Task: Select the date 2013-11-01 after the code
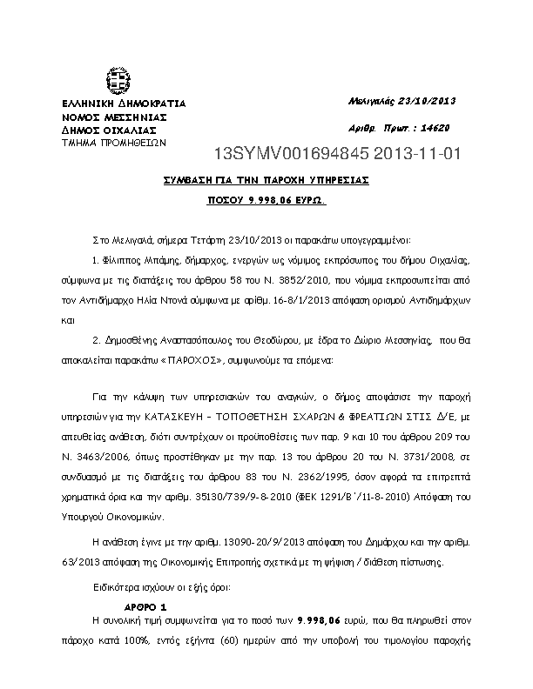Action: point(414,156)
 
